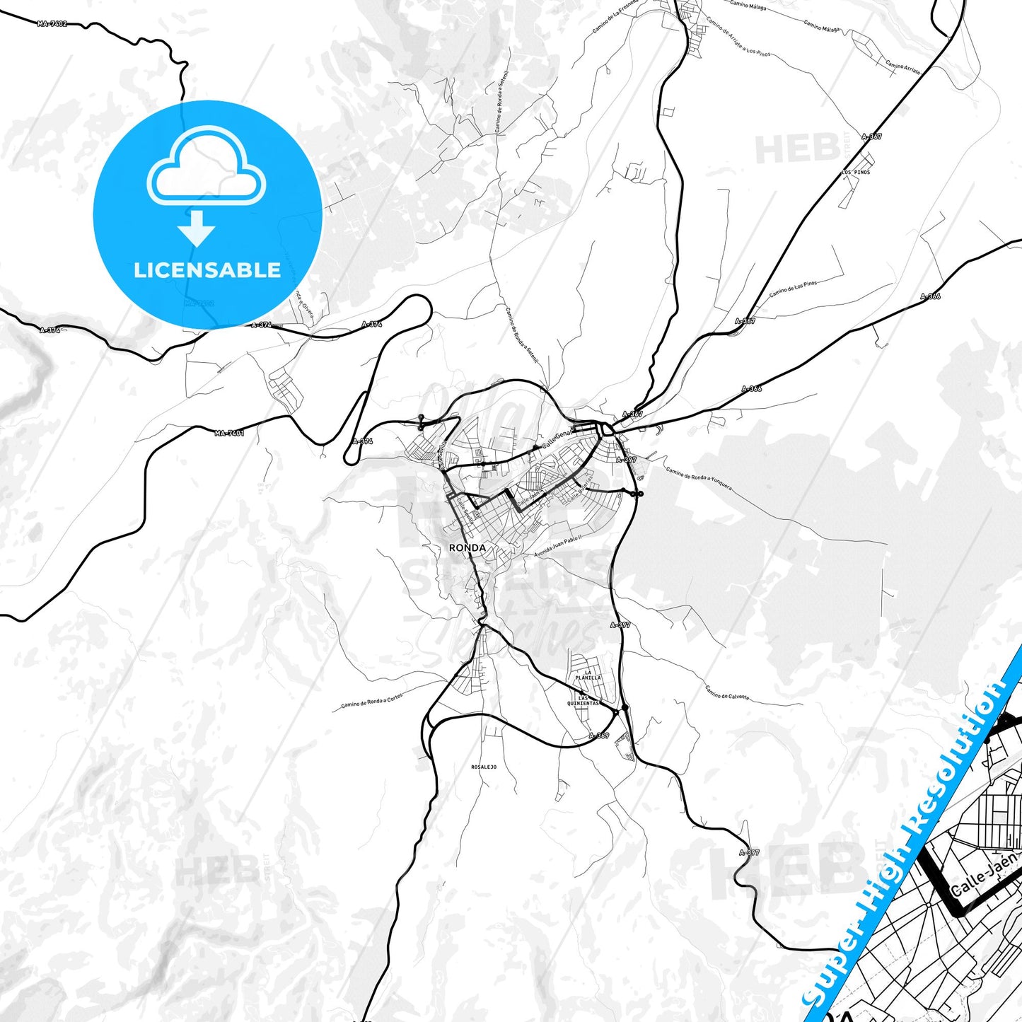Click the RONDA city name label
(x=467, y=548)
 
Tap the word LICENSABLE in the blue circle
(x=207, y=270)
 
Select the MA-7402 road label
(x=52, y=24)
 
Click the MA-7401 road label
(x=229, y=433)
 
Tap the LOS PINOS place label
(x=856, y=172)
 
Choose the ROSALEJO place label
(x=484, y=767)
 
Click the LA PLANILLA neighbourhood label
(x=588, y=675)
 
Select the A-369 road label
(x=598, y=736)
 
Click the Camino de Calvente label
(x=726, y=692)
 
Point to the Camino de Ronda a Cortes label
(x=371, y=701)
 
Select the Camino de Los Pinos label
(x=793, y=288)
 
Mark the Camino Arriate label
(x=903, y=68)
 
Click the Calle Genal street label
(x=556, y=441)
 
